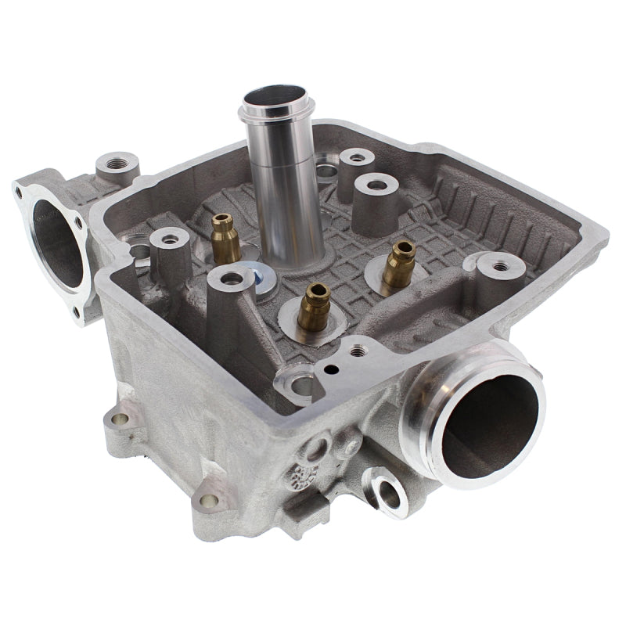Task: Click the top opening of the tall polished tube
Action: coord(276,101)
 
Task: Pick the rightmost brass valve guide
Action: coord(403,261)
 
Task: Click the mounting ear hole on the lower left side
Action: coord(119,419)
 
